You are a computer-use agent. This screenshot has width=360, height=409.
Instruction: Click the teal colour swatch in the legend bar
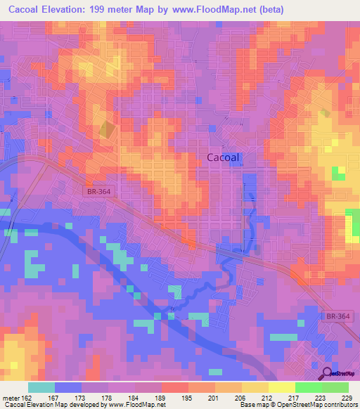(x=41, y=388)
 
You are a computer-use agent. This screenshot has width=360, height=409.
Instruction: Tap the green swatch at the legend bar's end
(x=335, y=388)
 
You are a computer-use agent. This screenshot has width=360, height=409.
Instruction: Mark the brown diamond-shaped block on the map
(x=106, y=130)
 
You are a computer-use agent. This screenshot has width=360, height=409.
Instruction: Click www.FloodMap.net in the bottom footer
(x=135, y=404)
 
